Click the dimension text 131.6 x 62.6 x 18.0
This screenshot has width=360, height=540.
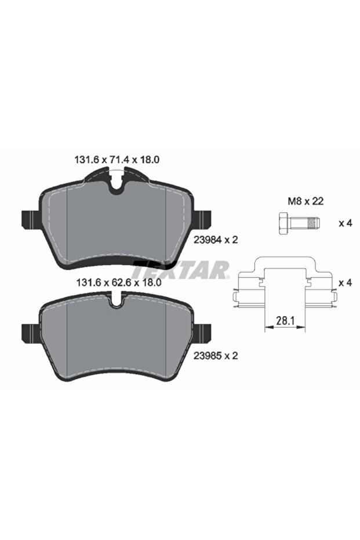(117, 284)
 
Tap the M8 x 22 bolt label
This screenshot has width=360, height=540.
(305, 202)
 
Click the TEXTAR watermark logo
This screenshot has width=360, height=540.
(181, 270)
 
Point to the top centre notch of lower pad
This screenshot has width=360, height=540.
(118, 301)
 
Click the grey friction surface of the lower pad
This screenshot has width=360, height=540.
(116, 339)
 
